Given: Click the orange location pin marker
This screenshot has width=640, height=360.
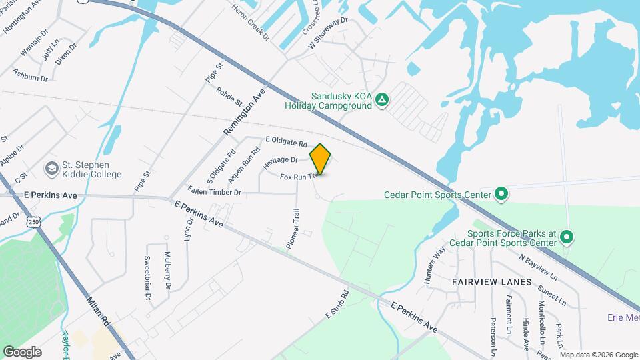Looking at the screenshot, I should pyautogui.click(x=321, y=159).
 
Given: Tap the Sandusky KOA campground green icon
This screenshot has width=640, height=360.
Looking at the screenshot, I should pyautogui.click(x=381, y=100).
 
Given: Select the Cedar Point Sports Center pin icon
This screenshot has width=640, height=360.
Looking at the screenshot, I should pyautogui.click(x=501, y=195).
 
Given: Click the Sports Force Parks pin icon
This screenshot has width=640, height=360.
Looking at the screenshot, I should pyautogui.click(x=567, y=237).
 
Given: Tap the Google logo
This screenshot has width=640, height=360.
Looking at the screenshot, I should pyautogui.click(x=22, y=351).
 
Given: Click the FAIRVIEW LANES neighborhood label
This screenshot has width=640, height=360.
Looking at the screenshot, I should pyautogui.click(x=492, y=282).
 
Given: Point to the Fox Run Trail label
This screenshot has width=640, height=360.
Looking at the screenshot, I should pyautogui.click(x=297, y=177).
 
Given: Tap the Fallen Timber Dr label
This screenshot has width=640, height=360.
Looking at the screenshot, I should pyautogui.click(x=213, y=191).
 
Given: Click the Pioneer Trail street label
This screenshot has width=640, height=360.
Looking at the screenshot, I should pyautogui.click(x=293, y=228).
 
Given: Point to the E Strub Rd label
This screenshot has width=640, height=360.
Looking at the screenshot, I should pyautogui.click(x=337, y=303).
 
